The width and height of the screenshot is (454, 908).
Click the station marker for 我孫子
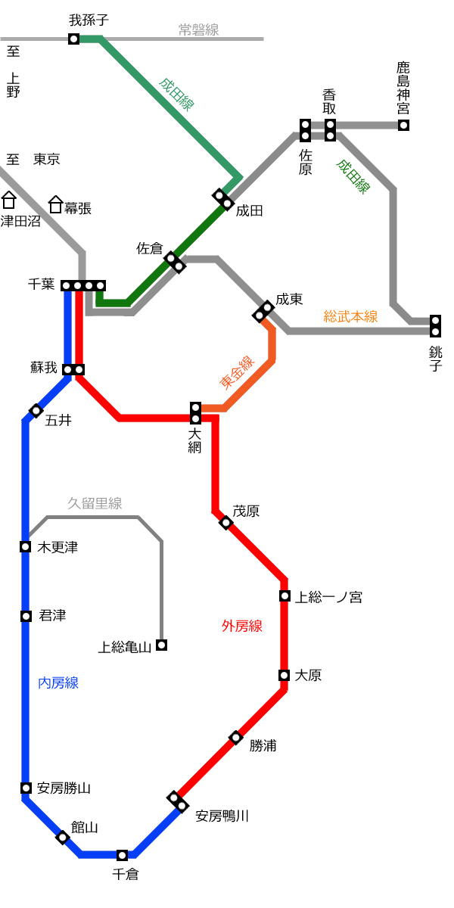[74, 39]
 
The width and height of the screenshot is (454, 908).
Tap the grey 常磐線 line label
[198, 30]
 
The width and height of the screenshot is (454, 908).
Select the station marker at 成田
[223, 200]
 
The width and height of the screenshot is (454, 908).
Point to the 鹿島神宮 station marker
[403, 125]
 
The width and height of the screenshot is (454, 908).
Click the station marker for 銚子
[435, 326]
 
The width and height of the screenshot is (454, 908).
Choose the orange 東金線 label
[237, 372]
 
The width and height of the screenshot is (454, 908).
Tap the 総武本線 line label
[350, 316]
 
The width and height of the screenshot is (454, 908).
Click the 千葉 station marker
[83, 286]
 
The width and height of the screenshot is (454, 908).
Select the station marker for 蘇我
[73, 369]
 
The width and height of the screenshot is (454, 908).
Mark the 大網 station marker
[195, 413]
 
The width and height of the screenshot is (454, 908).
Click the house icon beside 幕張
[55, 204]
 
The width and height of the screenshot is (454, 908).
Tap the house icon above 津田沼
[8, 200]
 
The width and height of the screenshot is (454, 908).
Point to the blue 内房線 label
[58, 683]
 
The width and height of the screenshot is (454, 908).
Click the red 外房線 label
[242, 626]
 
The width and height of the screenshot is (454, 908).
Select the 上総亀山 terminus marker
[162, 645]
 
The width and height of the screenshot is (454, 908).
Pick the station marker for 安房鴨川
[178, 802]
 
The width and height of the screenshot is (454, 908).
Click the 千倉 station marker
[122, 855]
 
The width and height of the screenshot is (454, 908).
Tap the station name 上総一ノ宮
[328, 597]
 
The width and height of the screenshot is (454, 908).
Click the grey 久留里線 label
[95, 503]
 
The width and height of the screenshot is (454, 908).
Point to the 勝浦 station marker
[236, 737]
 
